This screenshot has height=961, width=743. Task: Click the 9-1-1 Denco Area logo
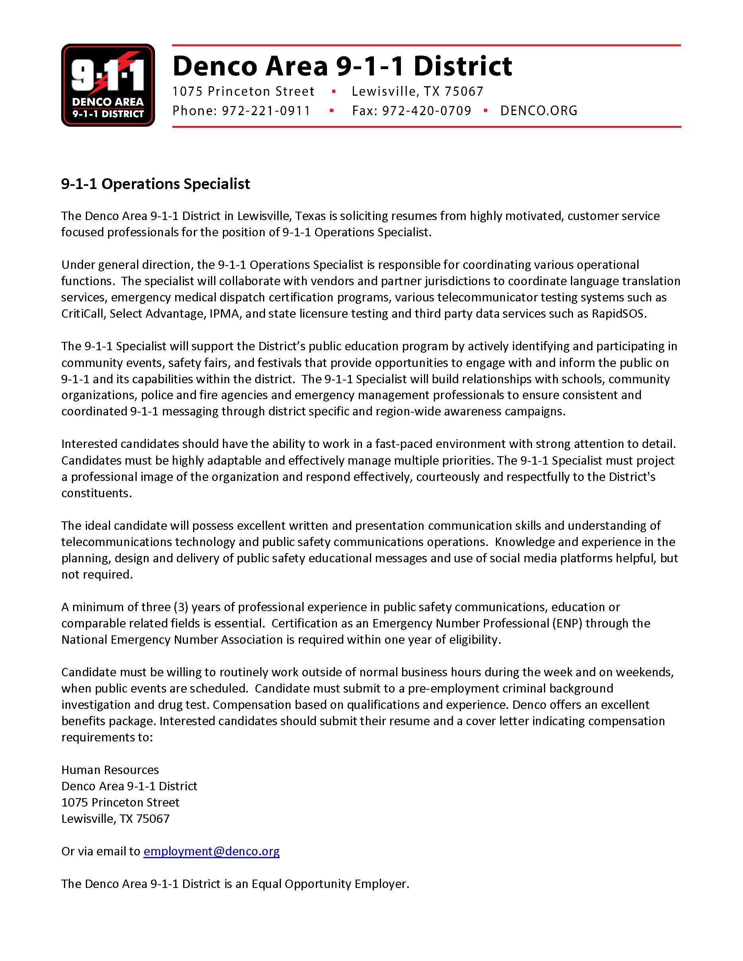click(x=108, y=85)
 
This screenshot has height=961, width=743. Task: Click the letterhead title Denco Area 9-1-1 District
click(x=342, y=66)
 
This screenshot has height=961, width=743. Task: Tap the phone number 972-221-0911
click(x=266, y=111)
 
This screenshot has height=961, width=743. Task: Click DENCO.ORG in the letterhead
click(x=539, y=111)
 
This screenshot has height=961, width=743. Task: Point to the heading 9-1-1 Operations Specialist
click(x=155, y=184)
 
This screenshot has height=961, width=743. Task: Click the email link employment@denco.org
click(x=211, y=851)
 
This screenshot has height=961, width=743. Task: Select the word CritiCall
click(x=82, y=314)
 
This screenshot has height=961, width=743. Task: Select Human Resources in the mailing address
click(x=110, y=770)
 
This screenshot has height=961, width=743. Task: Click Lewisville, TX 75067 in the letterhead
click(x=417, y=91)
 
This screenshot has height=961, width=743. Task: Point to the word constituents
click(x=97, y=493)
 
